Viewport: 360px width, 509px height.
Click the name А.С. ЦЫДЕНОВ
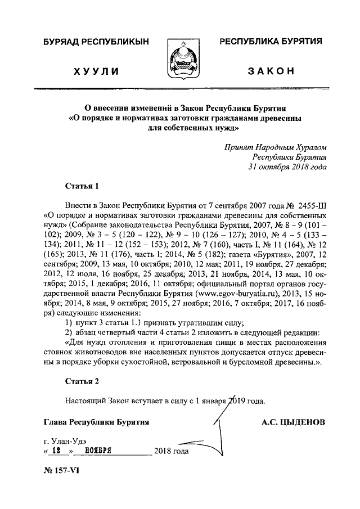[x=293, y=422]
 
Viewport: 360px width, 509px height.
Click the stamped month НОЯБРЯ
[x=100, y=451]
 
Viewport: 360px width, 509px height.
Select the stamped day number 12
[x=56, y=451]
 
